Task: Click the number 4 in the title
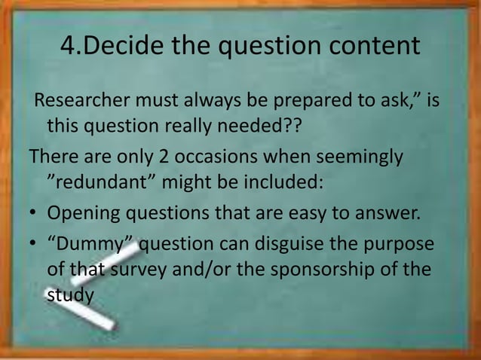pos(67,47)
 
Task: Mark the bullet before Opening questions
pos(34,212)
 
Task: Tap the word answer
pos(383,212)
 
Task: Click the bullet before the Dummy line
pos(34,246)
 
